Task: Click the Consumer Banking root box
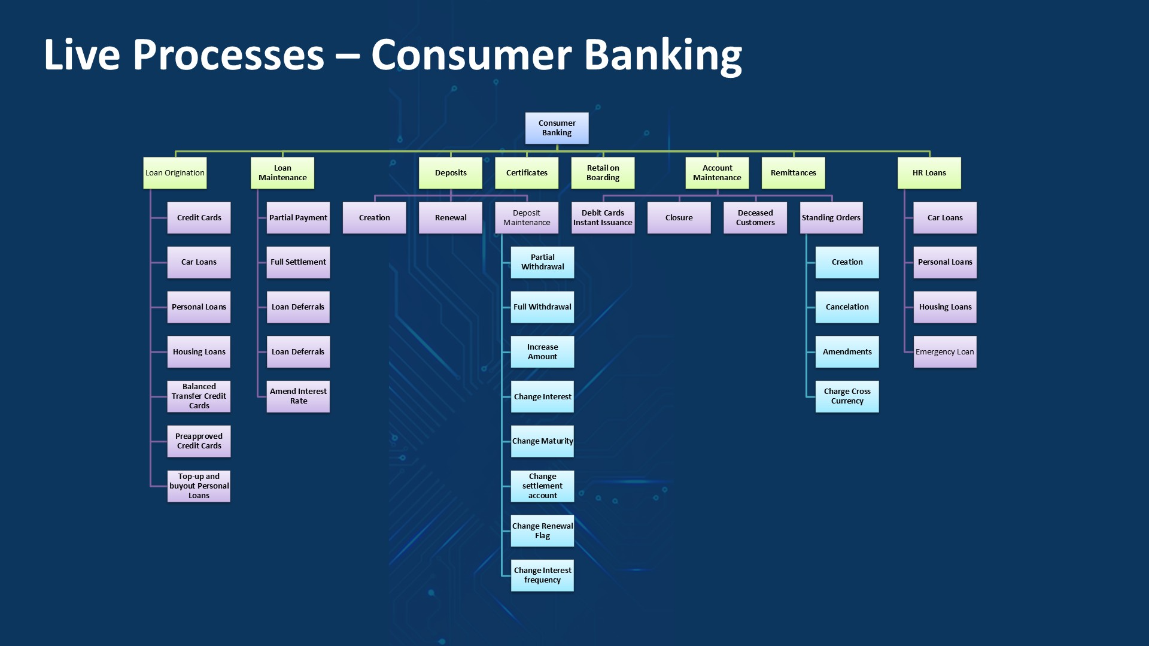(x=557, y=128)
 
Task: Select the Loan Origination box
(x=175, y=173)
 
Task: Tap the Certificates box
(x=527, y=173)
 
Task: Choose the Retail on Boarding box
(x=603, y=173)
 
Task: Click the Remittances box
(x=793, y=173)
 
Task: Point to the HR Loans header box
(x=929, y=173)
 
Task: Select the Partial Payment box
(x=298, y=218)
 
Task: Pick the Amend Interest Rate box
(x=298, y=396)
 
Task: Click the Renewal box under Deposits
(x=451, y=218)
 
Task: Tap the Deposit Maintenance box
(x=527, y=218)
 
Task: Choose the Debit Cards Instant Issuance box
(x=603, y=218)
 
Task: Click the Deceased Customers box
(x=755, y=218)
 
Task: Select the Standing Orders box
(x=831, y=218)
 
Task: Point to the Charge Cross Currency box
(x=847, y=396)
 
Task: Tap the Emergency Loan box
(x=945, y=352)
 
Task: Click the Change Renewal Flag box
(x=542, y=531)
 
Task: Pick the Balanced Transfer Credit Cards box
(x=199, y=396)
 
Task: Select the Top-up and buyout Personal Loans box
(x=199, y=486)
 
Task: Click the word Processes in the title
(x=228, y=55)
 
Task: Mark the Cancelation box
(x=847, y=307)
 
